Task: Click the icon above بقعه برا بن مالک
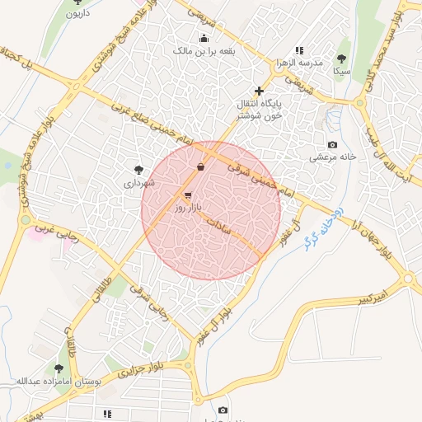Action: [x=204, y=38]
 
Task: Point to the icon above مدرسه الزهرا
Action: [x=299, y=50]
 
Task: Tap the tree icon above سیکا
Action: [x=341, y=59]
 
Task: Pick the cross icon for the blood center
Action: [x=260, y=91]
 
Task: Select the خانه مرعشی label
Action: [x=332, y=157]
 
